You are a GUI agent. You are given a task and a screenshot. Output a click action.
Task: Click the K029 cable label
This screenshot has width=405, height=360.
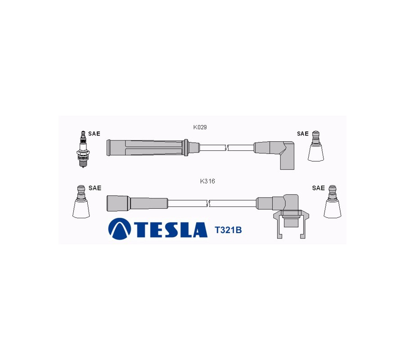(x=200, y=127)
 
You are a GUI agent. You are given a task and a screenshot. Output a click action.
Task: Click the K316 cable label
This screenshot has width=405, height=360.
(x=207, y=181)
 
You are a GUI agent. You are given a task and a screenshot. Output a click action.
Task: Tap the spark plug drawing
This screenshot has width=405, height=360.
(x=83, y=149)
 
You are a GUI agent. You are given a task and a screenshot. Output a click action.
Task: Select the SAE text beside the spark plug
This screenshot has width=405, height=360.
(x=94, y=134)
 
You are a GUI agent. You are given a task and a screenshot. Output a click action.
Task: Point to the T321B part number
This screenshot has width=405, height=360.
(x=228, y=230)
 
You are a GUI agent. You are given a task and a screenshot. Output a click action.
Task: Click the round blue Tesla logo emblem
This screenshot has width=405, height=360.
(x=119, y=229)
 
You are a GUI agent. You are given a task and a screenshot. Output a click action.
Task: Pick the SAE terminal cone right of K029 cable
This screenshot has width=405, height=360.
(x=315, y=146)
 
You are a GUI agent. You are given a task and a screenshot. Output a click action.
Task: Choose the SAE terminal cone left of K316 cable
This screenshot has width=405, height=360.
(x=81, y=202)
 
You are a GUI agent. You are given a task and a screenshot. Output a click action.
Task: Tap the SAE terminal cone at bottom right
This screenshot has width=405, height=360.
(x=333, y=202)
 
